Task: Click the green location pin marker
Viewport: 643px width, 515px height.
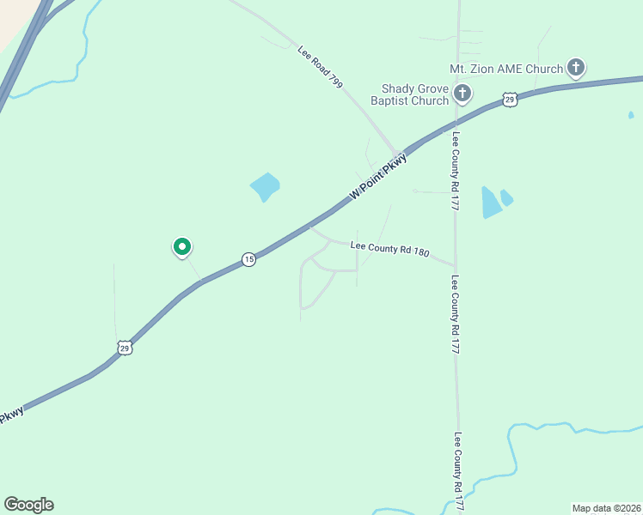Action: pos(182,248)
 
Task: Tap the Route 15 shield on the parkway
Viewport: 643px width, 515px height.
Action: pos(248,259)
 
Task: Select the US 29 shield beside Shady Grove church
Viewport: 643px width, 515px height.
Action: pos(510,100)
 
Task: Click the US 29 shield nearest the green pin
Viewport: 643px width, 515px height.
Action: pos(126,348)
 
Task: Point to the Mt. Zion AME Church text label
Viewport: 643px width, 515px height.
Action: pos(506,69)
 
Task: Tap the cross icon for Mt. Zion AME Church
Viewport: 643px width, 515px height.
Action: pos(575,68)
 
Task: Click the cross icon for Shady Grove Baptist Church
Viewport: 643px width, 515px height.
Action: pos(462,93)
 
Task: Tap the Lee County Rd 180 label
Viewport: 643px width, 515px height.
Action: pos(390,248)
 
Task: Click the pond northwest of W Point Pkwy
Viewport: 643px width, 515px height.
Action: pos(265,186)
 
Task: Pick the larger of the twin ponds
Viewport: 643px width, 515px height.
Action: pos(490,203)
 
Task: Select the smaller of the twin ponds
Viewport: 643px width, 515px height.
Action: pos(506,197)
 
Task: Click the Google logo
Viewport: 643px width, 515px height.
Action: pos(28,505)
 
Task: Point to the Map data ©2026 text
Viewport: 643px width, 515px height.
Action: pos(607,507)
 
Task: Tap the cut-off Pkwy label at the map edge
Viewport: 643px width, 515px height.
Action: pos(10,417)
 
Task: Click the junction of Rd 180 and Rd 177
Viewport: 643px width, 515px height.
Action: pos(456,264)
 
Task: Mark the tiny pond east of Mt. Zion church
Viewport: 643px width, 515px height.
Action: pos(631,114)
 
